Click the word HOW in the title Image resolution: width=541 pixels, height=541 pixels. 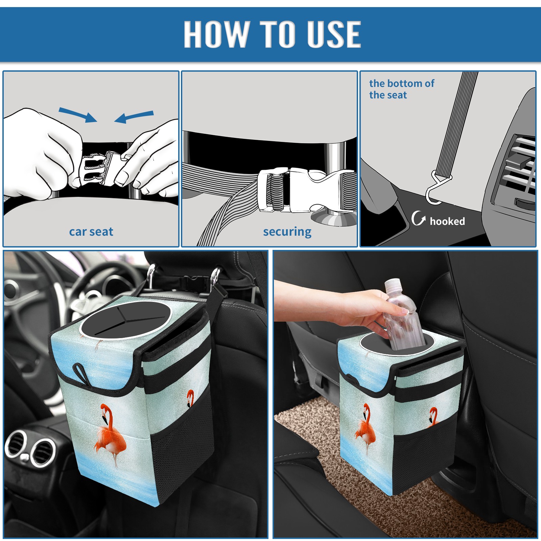click(216, 34)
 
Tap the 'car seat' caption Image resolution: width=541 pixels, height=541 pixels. click(91, 232)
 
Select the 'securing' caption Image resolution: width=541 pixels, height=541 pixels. click(287, 232)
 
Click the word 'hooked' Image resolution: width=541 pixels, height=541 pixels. click(447, 221)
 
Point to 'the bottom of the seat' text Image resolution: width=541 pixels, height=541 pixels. click(401, 89)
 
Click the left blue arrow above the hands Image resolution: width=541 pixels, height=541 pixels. click(78, 115)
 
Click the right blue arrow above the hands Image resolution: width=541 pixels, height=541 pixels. click(134, 117)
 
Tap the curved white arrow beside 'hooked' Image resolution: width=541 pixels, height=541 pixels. click(418, 218)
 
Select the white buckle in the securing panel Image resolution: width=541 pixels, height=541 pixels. click(306, 190)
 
